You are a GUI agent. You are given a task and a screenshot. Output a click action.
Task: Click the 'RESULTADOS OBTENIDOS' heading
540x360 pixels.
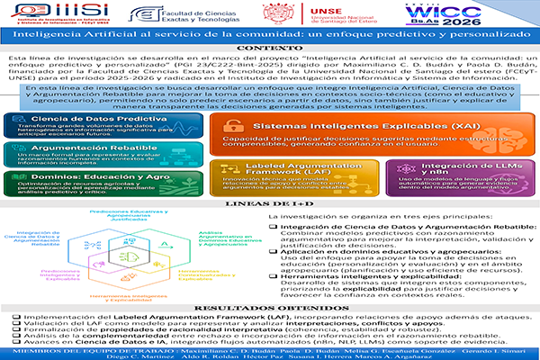click(x=270, y=308)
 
